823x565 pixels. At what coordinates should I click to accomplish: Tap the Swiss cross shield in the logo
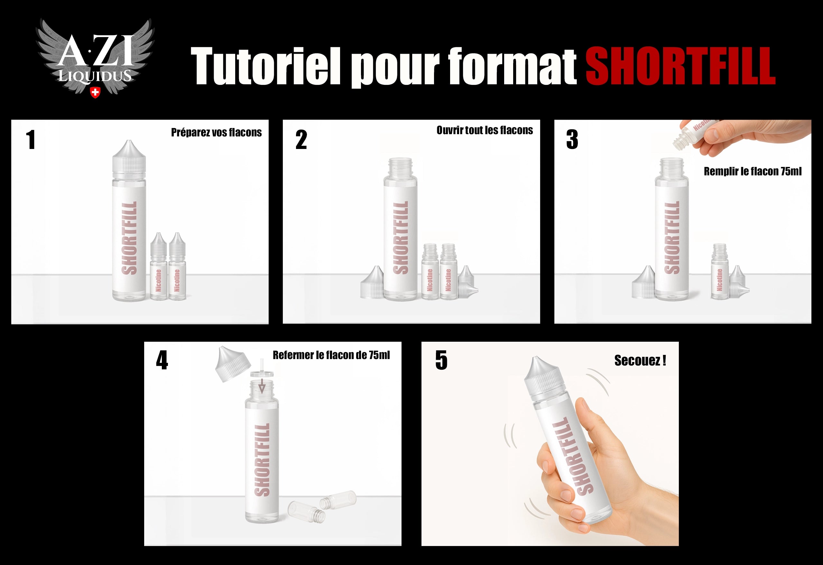coord(95,92)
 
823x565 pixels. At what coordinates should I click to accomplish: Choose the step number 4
coord(162,360)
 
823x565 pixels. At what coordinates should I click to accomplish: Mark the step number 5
coord(441,360)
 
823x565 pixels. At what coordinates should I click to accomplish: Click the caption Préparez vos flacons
coord(217,133)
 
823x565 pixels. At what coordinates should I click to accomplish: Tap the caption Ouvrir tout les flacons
coord(485,130)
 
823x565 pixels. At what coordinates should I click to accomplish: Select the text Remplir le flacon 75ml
coord(753,171)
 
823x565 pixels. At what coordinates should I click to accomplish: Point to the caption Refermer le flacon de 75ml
coord(331,355)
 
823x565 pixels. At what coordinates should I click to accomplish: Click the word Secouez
coord(637,361)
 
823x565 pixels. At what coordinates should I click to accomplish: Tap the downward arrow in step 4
coord(261,386)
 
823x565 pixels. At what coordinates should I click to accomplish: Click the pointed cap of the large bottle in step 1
coord(129,156)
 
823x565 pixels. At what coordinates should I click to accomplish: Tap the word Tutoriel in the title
coord(266,67)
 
